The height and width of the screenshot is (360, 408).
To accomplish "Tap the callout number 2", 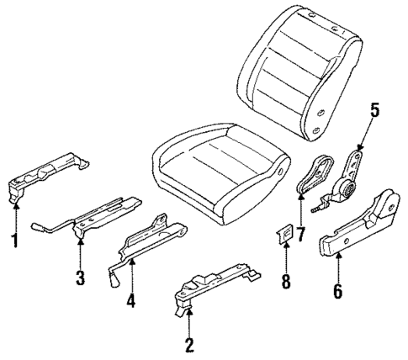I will tap(190, 343).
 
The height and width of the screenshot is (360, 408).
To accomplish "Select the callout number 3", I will tap(80, 278).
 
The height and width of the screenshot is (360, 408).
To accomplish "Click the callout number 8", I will tap(286, 281).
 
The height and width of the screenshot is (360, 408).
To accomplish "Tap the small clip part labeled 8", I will tap(286, 232).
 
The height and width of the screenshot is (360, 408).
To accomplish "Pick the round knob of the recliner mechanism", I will tap(345, 193).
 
